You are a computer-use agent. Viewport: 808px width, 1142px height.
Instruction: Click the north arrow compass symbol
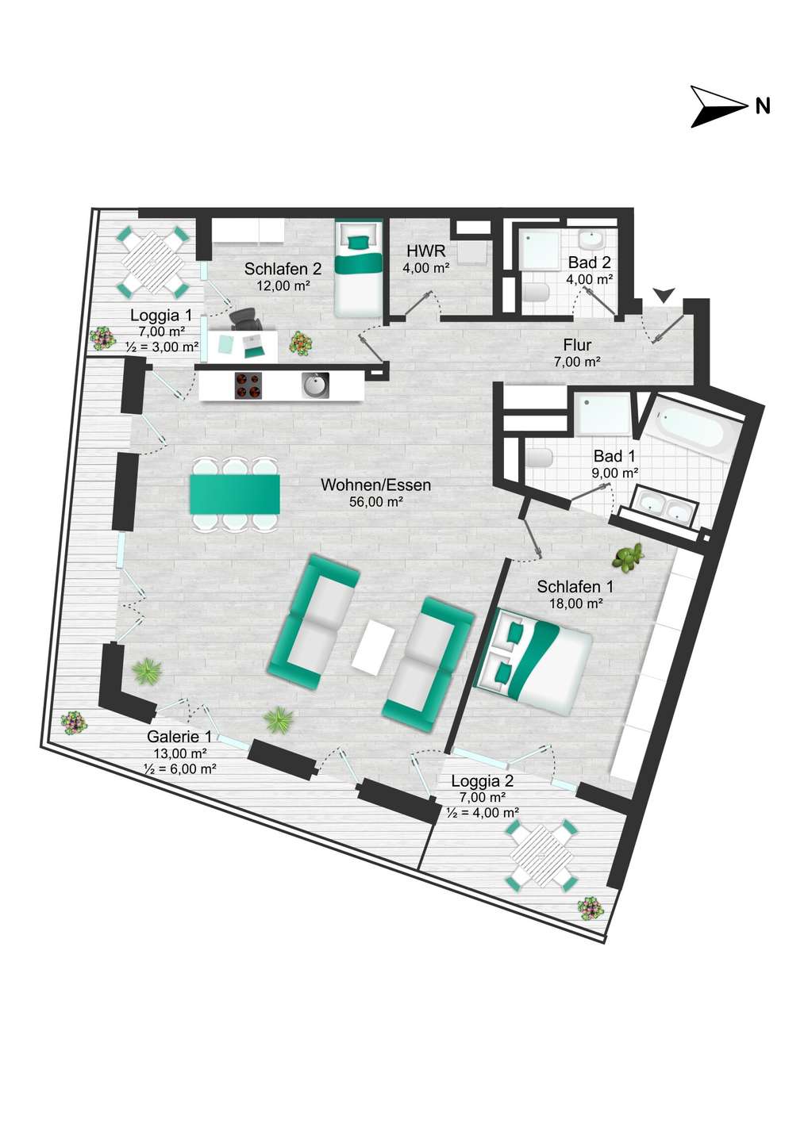tap(714, 106)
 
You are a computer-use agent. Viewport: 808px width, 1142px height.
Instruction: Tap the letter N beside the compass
tap(763, 106)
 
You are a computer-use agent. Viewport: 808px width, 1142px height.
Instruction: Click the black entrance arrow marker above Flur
tap(664, 295)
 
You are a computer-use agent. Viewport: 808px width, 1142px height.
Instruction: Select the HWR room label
tap(426, 251)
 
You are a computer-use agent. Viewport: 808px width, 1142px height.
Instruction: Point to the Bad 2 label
tap(590, 263)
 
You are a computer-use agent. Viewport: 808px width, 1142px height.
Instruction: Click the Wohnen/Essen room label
tap(375, 485)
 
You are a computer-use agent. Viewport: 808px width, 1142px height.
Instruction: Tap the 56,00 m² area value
tap(376, 502)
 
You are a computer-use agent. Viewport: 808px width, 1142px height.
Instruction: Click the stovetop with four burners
tap(248, 385)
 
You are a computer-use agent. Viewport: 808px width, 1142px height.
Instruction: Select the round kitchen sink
tap(315, 385)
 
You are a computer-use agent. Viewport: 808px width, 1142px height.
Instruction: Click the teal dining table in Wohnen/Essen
tap(235, 495)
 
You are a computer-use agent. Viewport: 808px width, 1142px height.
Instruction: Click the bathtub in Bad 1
tap(694, 429)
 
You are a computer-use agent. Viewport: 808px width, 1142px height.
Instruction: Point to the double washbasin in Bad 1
tap(662, 511)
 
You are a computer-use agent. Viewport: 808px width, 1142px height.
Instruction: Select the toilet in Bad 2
tap(536, 293)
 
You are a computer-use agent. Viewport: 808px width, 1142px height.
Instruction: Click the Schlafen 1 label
tap(575, 587)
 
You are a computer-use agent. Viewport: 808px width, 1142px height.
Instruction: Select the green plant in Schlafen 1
tap(629, 556)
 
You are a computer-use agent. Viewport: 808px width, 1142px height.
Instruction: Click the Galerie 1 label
tap(179, 736)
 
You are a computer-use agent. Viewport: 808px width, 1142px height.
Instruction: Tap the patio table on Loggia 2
tap(542, 853)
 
